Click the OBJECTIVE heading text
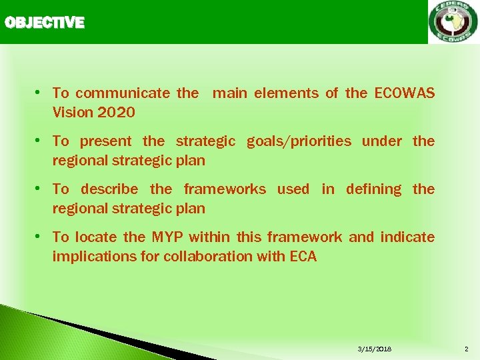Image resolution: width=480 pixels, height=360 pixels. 45,23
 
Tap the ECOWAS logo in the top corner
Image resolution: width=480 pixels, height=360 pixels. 453,22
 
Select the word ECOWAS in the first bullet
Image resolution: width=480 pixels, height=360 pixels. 405,93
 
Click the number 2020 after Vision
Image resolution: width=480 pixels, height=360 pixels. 116,113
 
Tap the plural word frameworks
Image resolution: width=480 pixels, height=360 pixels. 225,189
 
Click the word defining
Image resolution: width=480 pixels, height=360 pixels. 373,189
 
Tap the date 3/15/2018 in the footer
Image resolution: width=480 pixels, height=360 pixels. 375,349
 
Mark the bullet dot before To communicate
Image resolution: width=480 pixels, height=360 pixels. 39,93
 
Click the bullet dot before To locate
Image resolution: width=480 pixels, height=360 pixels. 39,237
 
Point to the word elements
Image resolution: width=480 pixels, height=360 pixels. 285,93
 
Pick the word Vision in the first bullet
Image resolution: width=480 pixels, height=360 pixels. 72,113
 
